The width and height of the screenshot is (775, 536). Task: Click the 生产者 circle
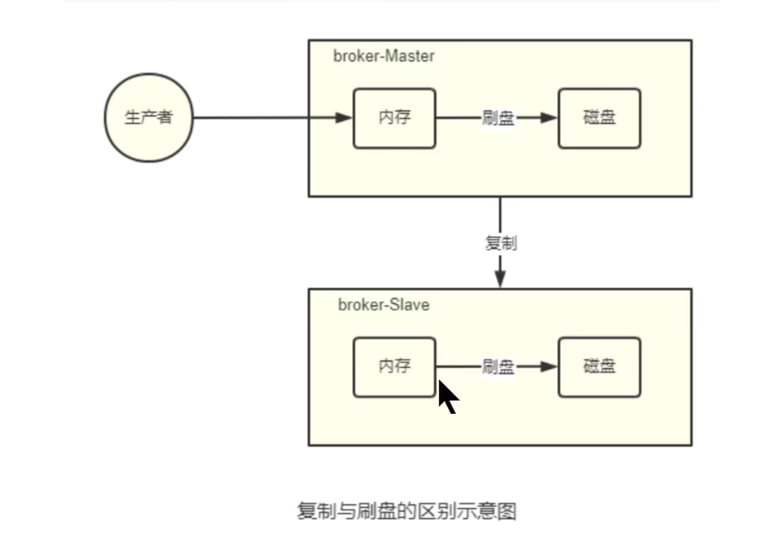(149, 118)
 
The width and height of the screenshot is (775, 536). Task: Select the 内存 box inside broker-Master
(394, 118)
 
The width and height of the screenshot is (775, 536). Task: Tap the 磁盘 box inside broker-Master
(599, 118)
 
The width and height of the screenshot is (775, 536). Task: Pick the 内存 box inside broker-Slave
(394, 367)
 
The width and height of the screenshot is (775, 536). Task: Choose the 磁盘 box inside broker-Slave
(599, 367)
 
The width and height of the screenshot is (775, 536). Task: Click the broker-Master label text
(383, 56)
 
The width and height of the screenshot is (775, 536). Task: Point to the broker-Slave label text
(383, 305)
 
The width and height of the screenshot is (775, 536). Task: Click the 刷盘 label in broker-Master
(498, 118)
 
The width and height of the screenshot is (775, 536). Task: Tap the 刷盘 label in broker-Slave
(498, 367)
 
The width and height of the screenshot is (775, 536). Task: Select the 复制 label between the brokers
(500, 243)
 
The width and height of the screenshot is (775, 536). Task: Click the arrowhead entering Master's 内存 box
(344, 118)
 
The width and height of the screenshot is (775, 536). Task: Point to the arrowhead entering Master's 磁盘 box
(548, 118)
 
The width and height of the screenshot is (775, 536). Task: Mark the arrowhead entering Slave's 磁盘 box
(548, 367)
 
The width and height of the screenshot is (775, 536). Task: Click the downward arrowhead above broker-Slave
(500, 279)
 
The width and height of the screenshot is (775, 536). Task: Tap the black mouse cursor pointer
(448, 397)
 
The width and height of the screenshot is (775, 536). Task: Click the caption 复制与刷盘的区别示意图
(406, 512)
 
